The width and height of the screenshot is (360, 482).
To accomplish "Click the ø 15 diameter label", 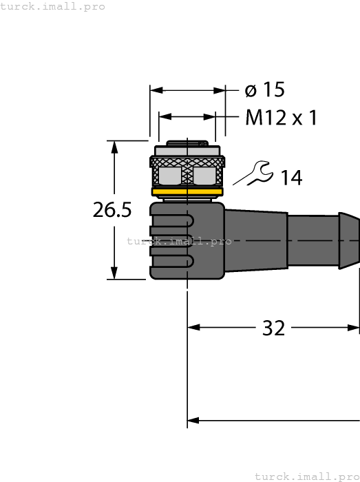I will (x=265, y=90).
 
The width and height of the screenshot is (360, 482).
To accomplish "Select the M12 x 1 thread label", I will (x=281, y=118).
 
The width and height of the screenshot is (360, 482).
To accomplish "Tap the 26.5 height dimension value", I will (x=112, y=211).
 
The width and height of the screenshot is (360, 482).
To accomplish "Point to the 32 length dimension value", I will (x=273, y=328).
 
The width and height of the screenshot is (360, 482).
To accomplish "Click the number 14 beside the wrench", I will (x=290, y=178).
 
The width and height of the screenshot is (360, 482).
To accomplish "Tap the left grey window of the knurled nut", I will (x=170, y=176).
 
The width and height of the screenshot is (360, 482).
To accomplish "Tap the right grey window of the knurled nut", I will (x=205, y=176).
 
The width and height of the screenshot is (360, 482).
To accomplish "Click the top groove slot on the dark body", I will (x=173, y=220).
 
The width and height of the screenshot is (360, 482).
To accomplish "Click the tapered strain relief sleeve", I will (x=255, y=240).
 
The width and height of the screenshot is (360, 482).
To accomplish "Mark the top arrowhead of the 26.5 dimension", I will (x=115, y=146).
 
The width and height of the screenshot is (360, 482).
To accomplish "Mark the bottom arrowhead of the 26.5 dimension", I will (x=115, y=273).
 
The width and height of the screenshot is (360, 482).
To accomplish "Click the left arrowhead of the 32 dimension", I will (x=193, y=328).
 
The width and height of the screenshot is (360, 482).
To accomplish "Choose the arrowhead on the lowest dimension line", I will (x=193, y=420).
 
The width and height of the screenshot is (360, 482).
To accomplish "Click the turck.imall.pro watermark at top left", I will (x=53, y=6).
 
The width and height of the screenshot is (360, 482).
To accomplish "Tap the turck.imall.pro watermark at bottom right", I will (x=307, y=476).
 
